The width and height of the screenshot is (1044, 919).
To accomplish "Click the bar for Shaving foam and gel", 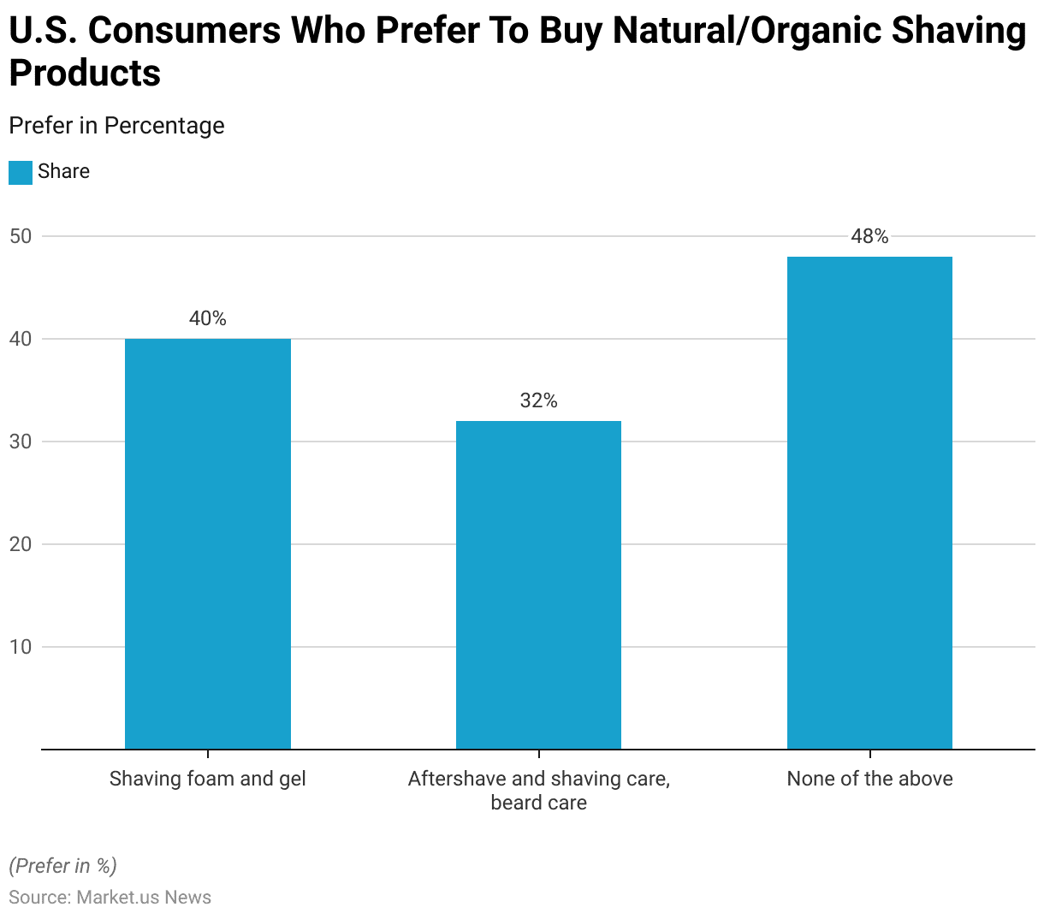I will click(x=208, y=544).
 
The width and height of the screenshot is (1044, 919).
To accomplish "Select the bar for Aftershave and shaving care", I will click(x=538, y=585).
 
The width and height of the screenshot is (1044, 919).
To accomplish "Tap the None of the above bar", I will click(x=869, y=503).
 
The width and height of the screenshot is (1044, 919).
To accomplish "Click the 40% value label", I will click(x=208, y=319).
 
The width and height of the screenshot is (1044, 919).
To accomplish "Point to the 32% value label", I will click(x=538, y=401).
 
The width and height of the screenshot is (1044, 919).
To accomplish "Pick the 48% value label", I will click(x=869, y=237).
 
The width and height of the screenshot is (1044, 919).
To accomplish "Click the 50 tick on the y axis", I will click(x=21, y=236).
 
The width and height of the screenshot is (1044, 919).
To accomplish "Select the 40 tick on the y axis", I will click(x=21, y=339).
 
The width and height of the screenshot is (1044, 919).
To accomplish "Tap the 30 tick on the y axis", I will click(x=21, y=442).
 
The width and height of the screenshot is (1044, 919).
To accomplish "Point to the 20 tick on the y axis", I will click(x=21, y=544).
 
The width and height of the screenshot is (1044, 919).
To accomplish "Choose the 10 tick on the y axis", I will click(x=21, y=647).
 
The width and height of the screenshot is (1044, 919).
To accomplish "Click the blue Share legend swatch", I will click(x=21, y=172).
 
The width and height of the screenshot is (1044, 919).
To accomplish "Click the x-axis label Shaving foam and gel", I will click(x=208, y=779).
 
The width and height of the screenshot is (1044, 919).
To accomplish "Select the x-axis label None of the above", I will click(x=869, y=779).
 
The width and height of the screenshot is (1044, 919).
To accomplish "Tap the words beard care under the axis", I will click(x=538, y=803).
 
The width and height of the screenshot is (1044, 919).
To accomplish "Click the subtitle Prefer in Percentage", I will click(x=116, y=126).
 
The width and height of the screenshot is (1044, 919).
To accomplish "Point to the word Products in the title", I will click(x=85, y=74).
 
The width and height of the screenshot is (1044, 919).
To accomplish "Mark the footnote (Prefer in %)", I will click(x=62, y=866).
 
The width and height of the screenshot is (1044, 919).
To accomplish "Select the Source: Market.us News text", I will click(x=110, y=897).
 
